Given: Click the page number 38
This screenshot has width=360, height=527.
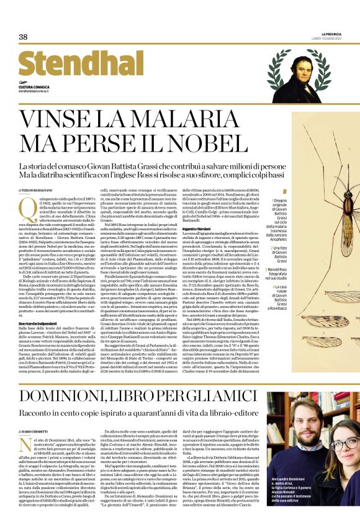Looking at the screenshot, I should click(23, 37).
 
